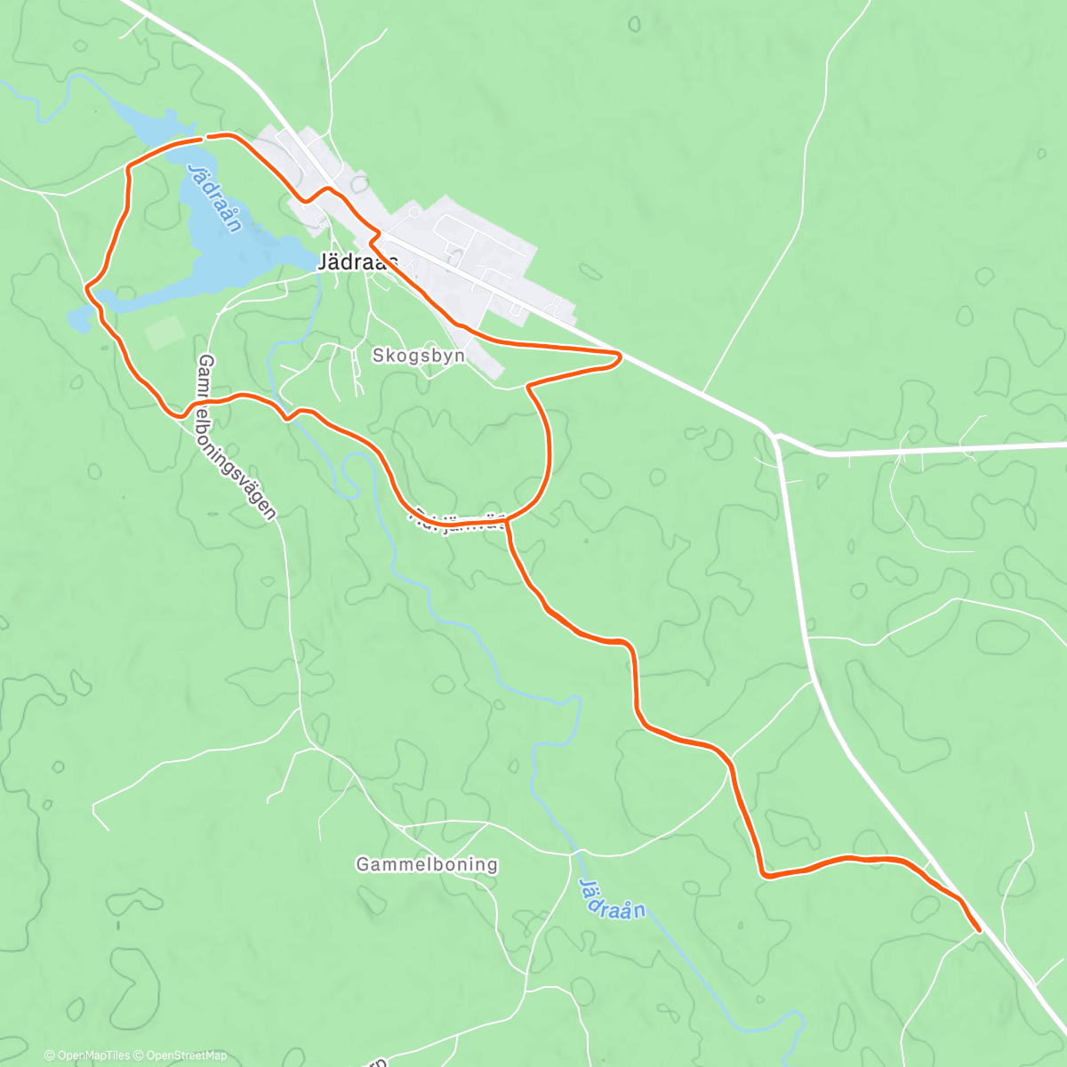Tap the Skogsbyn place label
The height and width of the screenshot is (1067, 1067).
tap(418, 356)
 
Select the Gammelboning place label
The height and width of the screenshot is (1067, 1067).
tap(427, 864)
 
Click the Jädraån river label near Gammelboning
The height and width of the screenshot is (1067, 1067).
tap(611, 898)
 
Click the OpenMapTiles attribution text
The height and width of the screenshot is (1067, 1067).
tap(87, 1055)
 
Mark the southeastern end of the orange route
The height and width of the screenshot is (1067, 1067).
tap(978, 930)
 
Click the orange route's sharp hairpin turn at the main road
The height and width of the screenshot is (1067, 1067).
tap(618, 357)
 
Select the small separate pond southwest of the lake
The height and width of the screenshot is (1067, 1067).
tap(78, 319)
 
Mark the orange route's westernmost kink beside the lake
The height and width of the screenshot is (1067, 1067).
tap(88, 287)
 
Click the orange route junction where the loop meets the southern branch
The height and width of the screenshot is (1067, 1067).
tap(509, 517)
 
